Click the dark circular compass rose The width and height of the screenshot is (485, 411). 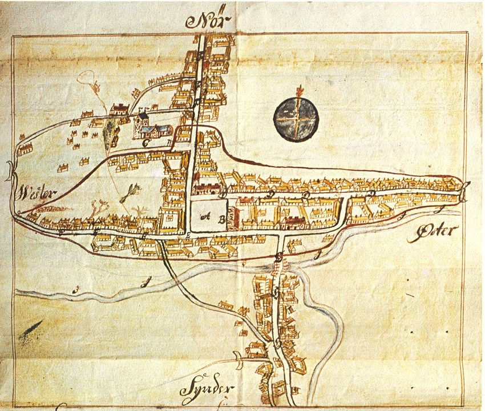point(296,118)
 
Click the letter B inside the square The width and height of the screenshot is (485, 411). point(220,217)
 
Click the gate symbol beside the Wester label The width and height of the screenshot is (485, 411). point(11,171)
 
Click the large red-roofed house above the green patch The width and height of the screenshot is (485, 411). point(119,108)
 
